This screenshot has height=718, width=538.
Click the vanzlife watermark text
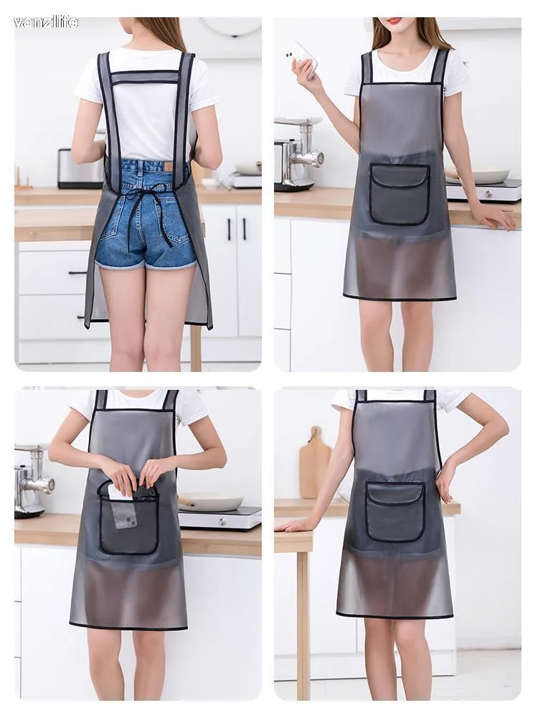(x=46, y=22)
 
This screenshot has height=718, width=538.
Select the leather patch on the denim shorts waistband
(x=169, y=167)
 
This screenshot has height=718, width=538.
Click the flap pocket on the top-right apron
(x=400, y=194)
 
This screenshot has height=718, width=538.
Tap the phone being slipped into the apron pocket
(x=123, y=507)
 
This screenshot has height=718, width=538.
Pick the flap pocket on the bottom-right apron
(x=395, y=511)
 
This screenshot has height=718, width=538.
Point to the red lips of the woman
(x=395, y=21)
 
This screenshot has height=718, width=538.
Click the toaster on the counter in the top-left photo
(x=80, y=169)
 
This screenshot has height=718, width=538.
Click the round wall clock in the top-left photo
(x=232, y=26)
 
